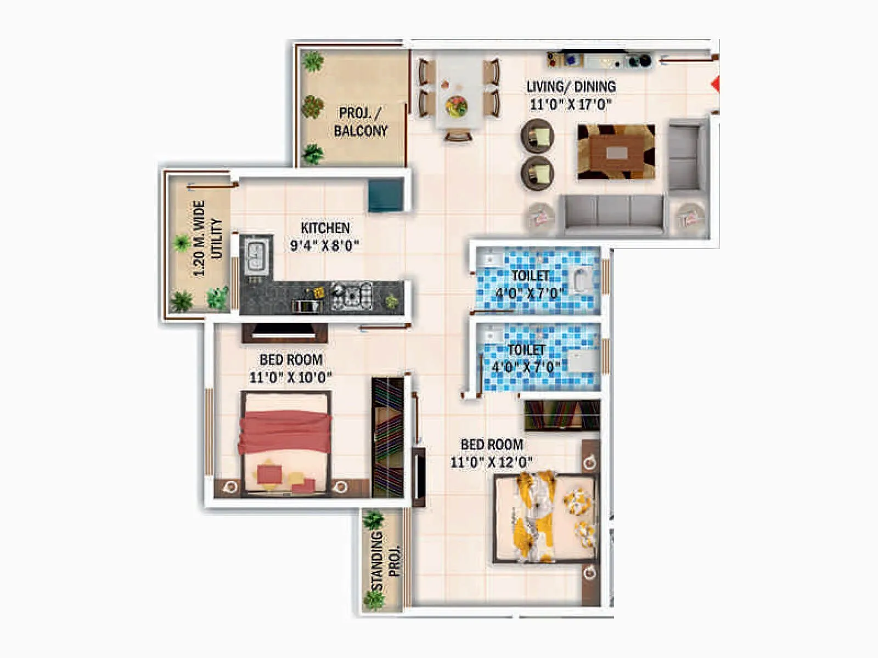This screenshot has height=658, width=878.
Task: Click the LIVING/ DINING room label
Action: [571, 87]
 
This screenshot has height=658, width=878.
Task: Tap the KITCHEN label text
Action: [325, 228]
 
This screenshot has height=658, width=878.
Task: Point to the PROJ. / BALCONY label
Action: [361, 122]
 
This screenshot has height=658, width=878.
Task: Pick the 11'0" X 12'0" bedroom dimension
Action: [491, 462]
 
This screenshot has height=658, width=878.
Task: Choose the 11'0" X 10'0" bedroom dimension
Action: [290, 378]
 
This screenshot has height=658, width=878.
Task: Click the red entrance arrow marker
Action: [715, 84]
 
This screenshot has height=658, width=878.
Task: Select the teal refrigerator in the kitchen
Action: [386, 195]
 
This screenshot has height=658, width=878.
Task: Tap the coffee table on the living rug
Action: [616, 151]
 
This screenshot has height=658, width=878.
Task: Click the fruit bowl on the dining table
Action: [456, 106]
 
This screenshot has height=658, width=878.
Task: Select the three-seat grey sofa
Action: [614, 214]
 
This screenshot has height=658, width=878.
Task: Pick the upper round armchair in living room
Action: [537, 136]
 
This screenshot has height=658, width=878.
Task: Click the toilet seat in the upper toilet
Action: [581, 280]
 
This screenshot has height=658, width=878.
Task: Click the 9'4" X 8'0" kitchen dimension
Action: [324, 246]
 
